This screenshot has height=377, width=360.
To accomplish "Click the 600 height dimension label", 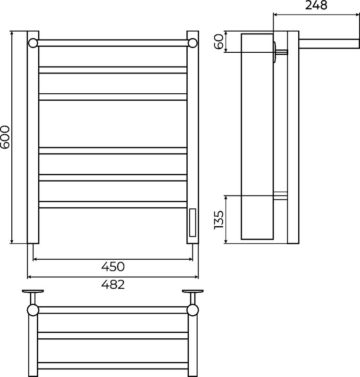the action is point(5,137).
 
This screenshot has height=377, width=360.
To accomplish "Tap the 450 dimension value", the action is point(113,267).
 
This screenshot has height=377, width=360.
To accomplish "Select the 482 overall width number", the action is point(113,285).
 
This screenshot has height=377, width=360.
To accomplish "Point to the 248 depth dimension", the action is point(316,5).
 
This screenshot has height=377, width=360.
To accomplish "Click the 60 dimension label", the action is point(218,41).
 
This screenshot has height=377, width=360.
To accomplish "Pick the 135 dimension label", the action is point(218,220).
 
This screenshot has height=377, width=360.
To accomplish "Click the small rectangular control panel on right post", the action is point(193,222).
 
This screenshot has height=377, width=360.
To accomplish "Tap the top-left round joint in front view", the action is point(33,43).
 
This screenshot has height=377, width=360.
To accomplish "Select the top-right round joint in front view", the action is point(193,43).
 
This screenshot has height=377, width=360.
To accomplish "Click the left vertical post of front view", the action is point(33,137).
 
